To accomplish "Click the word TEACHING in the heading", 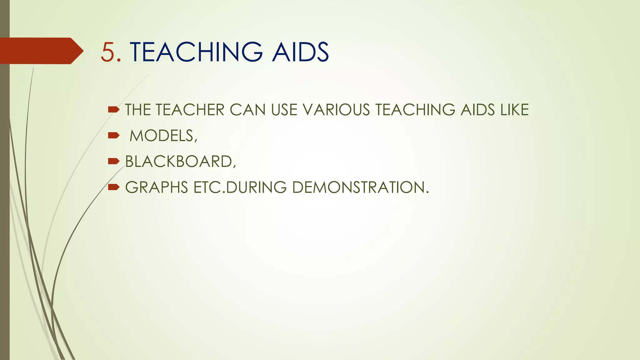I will coord(196,52).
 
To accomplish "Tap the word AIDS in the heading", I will coord(300,52).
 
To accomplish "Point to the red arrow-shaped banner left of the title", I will coord(41,51).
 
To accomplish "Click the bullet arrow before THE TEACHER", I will coord(113,109).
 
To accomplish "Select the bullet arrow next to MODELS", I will coord(113,135).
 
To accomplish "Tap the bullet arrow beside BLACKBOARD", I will coord(113,161).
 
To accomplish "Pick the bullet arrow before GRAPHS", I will coord(113,187).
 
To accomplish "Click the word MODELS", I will coord(163,136).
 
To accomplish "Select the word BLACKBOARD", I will coord(180,162).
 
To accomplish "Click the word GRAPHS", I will coord(157,187).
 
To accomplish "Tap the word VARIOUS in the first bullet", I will coord(336,110).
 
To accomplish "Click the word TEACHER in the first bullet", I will coord(190,110).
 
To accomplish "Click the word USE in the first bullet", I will coord(284,110).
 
